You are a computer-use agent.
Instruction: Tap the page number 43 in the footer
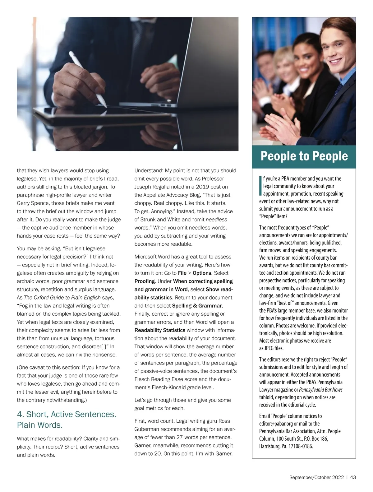353,477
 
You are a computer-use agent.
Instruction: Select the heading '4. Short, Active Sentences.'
67,414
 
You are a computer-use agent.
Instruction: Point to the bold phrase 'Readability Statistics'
160,330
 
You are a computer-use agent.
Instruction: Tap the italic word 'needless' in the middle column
216,220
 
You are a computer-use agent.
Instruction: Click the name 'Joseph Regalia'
151,187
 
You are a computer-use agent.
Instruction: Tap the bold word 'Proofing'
145,281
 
